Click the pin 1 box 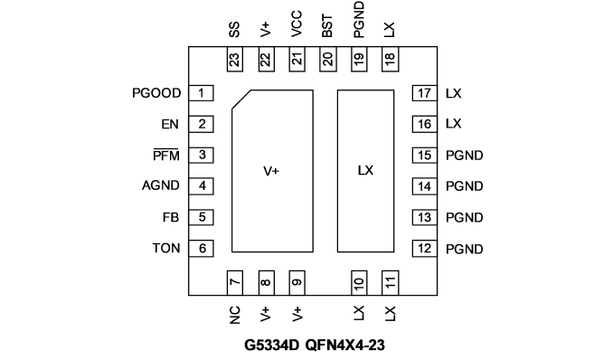tap(201, 93)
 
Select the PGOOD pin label tap(156, 93)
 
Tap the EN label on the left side tap(170, 124)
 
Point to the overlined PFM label tap(166, 155)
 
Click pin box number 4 tap(201, 185)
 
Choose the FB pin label tap(171, 217)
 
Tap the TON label tap(166, 248)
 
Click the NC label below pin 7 tap(234, 315)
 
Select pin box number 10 tap(359, 282)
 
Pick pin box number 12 tap(425, 249)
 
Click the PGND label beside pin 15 tap(465, 156)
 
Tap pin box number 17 tap(425, 93)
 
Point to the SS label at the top tap(234, 30)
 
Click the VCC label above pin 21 tap(297, 24)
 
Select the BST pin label tap(327, 26)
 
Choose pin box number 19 tap(359, 59)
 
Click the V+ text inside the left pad tap(271, 171)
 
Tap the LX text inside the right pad tap(365, 170)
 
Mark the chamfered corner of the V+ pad tap(241, 99)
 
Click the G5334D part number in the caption tap(272, 346)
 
